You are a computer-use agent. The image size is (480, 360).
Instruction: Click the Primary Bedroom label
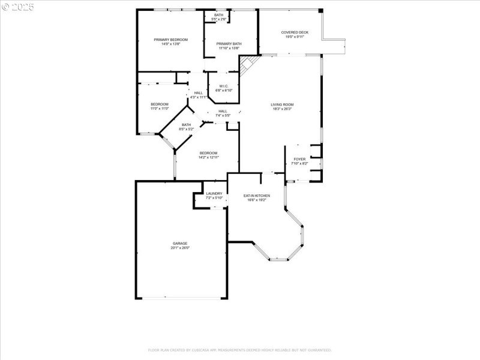pyautogui.click(x=170, y=40)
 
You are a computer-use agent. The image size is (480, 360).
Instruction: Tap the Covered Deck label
pyautogui.click(x=295, y=32)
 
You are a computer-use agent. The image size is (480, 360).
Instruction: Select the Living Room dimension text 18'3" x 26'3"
pyautogui.click(x=282, y=109)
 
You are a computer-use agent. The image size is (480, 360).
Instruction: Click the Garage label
pyautogui.click(x=180, y=244)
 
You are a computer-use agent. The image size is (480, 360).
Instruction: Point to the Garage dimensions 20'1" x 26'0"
pyautogui.click(x=180, y=248)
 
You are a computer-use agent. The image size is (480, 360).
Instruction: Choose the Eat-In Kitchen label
pyautogui.click(x=256, y=196)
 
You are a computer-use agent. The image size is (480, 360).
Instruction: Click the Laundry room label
pyautogui.click(x=214, y=193)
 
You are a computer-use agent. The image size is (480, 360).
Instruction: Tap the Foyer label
pyautogui.click(x=299, y=159)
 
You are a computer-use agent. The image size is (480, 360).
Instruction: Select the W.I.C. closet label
pyautogui.click(x=223, y=86)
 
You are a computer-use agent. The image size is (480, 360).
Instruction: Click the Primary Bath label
pyautogui.click(x=229, y=44)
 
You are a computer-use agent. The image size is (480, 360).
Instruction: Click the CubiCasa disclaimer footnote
pyautogui.click(x=240, y=350)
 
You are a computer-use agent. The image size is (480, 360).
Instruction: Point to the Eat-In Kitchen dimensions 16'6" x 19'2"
pyautogui.click(x=256, y=200)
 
